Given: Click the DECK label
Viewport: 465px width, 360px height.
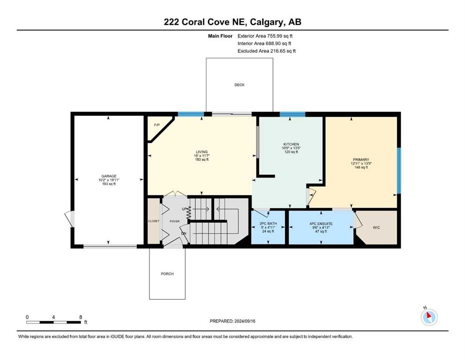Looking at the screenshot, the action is tap(239, 85).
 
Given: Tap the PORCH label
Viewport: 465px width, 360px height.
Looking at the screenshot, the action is tap(167, 274).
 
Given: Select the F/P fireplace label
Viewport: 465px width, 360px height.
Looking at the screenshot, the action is tap(157, 125).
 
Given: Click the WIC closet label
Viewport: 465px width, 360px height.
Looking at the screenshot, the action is tap(376, 228).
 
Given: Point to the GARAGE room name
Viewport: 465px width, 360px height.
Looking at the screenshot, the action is tap(109, 176).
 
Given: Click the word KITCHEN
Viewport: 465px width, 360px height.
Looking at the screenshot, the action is tap(291, 144).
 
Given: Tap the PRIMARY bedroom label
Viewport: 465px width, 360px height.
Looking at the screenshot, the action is tap(361, 160).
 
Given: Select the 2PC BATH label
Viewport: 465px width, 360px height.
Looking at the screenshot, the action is tap(268, 224).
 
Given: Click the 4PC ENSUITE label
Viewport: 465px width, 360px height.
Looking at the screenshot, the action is tap(321, 224).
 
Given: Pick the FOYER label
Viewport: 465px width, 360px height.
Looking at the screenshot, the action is tap(175, 221).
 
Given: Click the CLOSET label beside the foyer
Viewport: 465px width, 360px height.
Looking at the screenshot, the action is tap(154, 221).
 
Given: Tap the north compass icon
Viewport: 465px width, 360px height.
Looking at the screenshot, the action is tap(429, 317).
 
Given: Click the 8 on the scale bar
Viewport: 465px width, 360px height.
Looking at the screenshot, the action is tap(81, 317).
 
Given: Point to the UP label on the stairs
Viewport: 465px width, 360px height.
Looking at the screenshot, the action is tap(185, 209).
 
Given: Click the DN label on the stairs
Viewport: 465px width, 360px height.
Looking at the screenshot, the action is tap(184, 233).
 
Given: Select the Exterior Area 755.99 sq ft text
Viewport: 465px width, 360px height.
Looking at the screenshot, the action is tap(265, 36).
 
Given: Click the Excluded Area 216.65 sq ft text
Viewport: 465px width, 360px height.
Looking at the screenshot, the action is tap(266, 51).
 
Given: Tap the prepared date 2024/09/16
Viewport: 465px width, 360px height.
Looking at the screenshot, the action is tap(244, 321).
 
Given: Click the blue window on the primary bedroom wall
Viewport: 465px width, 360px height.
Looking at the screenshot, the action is tap(399, 171).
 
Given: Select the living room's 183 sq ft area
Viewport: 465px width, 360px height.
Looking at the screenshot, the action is tap(202, 159).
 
